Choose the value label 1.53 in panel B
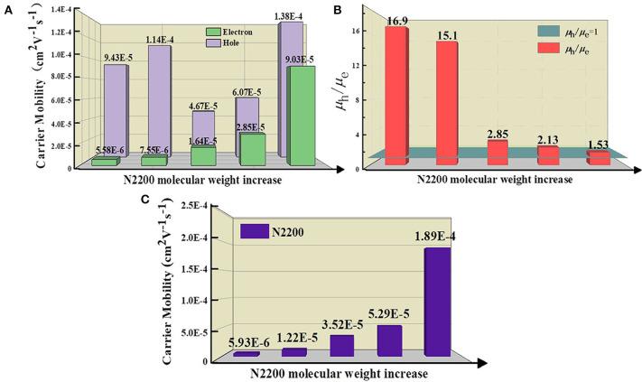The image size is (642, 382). click(598, 145)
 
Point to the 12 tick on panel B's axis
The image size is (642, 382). click(357, 66)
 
